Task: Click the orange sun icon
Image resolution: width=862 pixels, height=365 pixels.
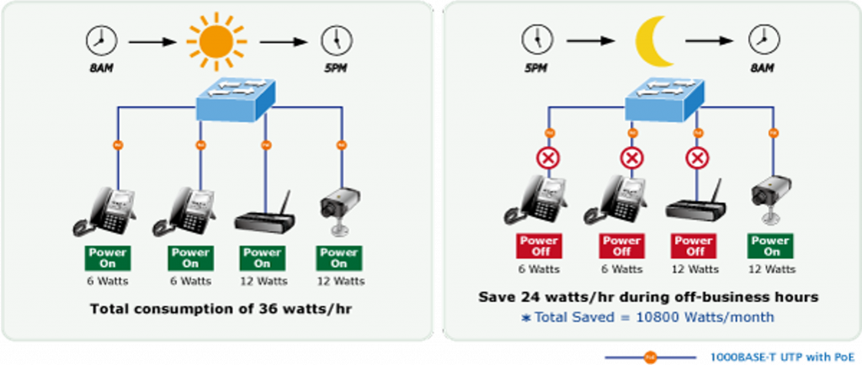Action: [215, 40]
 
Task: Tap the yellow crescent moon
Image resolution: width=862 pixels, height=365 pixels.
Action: [654, 41]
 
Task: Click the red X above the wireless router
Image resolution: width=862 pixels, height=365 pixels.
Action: [696, 157]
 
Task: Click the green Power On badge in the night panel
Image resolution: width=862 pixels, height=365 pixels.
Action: [770, 246]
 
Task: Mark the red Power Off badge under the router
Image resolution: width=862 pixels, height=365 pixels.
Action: [694, 246]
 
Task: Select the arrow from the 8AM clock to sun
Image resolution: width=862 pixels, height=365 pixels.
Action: [152, 40]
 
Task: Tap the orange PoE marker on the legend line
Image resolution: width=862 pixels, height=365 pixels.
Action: [648, 357]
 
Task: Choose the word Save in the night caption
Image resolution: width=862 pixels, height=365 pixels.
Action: [496, 297]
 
